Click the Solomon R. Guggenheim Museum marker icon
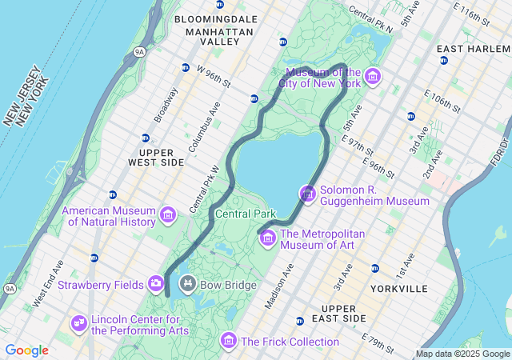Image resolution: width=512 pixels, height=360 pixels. click(308, 194)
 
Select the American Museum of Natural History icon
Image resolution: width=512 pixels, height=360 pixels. click(168, 214)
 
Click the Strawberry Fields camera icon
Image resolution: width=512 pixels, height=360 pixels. click(156, 283)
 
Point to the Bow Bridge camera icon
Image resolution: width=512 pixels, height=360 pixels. click(187, 283)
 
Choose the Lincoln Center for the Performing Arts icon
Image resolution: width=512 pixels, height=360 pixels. click(78, 322)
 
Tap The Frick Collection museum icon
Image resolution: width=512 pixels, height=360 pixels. click(229, 342)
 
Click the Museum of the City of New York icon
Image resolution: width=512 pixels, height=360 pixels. click(372, 77)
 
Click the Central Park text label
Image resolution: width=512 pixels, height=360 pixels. click(245, 214)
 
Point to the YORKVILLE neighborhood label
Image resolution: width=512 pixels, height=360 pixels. click(399, 288)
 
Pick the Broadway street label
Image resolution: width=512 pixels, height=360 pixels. click(166, 105)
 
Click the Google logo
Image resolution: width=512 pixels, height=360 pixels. click(26, 350)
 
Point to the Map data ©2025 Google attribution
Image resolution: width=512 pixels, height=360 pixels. click(462, 354)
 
